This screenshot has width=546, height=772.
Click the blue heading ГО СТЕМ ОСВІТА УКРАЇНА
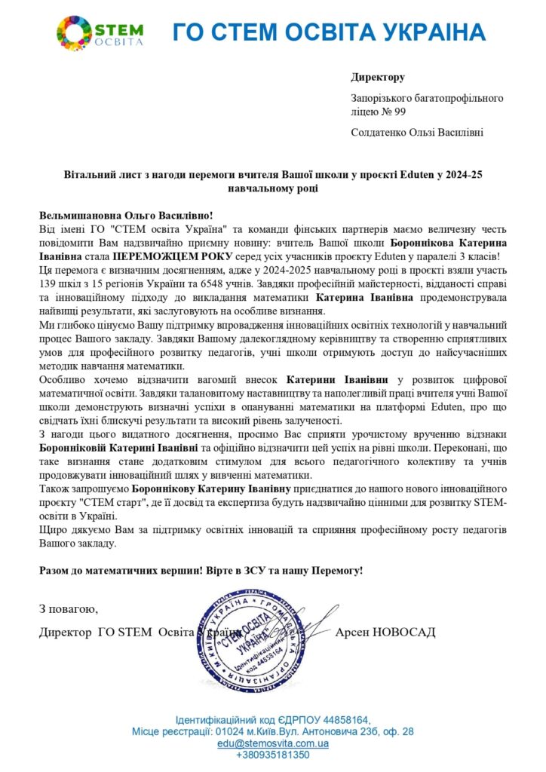click(x=329, y=32)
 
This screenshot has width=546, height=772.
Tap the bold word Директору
click(x=378, y=78)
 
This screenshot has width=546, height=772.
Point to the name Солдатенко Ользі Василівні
click(x=417, y=133)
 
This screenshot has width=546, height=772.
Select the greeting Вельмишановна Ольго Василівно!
click(x=126, y=215)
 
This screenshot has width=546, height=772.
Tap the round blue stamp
click(x=257, y=635)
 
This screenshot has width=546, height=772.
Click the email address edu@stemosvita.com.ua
click(x=272, y=743)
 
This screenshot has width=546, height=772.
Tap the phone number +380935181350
click(x=273, y=754)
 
